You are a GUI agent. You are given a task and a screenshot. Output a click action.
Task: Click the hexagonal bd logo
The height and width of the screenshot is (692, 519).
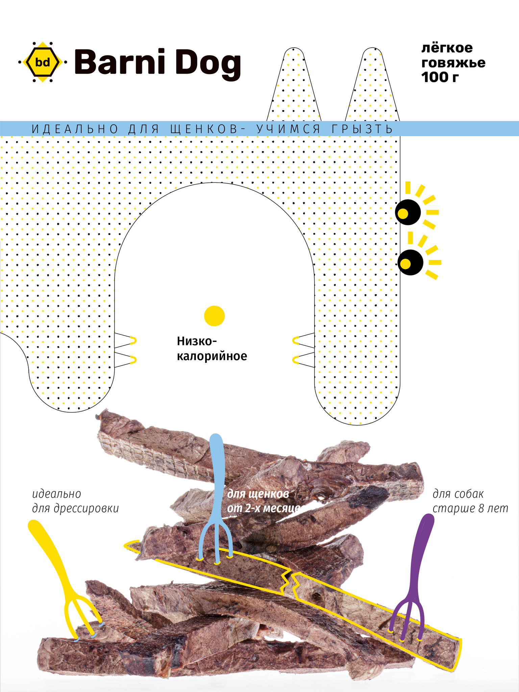click(x=43, y=62)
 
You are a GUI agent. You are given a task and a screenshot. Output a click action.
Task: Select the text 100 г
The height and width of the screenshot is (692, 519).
click(x=440, y=78)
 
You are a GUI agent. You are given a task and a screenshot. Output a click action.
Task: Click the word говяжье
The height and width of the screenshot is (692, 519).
click(x=453, y=63)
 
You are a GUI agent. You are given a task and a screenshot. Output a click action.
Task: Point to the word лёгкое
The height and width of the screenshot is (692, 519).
click(x=447, y=48)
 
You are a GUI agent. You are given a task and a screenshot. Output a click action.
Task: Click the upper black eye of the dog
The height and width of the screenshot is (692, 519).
click(x=408, y=212)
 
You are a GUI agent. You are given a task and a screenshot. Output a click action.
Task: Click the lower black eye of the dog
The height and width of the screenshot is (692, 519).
click(x=410, y=263)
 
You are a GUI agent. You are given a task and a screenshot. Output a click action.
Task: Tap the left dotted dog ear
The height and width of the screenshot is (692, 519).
click(x=294, y=88)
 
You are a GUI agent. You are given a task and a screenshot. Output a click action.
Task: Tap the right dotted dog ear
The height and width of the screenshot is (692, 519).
click(x=372, y=88)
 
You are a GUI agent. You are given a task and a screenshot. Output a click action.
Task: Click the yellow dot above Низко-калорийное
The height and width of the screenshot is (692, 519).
click(x=214, y=316)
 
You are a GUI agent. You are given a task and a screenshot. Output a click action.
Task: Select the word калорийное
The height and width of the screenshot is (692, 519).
click(x=212, y=356)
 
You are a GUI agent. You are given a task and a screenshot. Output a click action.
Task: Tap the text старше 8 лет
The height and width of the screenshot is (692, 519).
click(x=470, y=509)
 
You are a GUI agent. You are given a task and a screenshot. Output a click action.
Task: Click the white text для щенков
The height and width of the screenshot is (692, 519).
click(x=258, y=494)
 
